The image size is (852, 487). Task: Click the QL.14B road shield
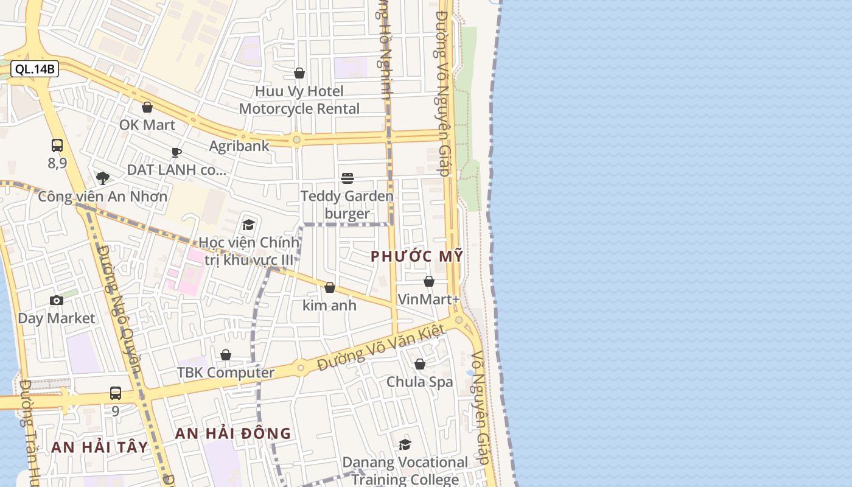[35, 69]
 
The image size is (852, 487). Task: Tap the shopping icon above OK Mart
[147, 108]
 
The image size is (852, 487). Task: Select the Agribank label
[239, 146]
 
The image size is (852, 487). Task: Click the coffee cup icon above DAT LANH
[176, 152]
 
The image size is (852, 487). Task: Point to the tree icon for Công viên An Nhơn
[103, 178]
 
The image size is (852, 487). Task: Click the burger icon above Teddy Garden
[347, 178]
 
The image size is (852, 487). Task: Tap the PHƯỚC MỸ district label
[417, 256]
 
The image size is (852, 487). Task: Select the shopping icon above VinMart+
[429, 281]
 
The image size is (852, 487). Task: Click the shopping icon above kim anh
[330, 287]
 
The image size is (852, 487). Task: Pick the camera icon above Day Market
[57, 300]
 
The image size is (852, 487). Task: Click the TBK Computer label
[226, 373]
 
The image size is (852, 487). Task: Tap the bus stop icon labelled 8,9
[57, 145]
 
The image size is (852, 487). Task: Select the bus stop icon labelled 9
[116, 393]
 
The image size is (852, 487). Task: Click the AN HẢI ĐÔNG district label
[233, 433]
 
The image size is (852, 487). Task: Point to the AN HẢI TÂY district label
[100, 447]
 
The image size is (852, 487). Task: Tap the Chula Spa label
[420, 382]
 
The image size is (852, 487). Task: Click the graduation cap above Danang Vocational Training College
[405, 445]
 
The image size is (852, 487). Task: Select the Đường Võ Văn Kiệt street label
[382, 348]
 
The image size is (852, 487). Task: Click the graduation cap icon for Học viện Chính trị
[248, 225]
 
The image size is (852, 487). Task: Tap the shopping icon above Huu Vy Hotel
[299, 74]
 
